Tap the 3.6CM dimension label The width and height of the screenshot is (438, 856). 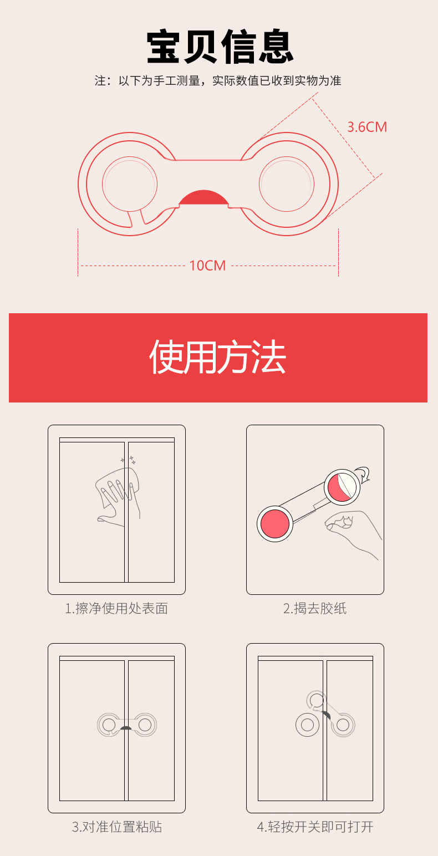(x=367, y=127)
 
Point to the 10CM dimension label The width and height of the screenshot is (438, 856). (x=207, y=266)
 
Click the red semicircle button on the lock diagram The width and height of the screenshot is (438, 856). (x=203, y=197)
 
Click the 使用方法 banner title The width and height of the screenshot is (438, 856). (x=217, y=357)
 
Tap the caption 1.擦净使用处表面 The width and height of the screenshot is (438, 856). (x=116, y=608)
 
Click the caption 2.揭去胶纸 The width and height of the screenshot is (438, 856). (x=314, y=608)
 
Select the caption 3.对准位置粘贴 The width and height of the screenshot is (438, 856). (x=117, y=827)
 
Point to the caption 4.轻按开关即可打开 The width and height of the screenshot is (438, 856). (x=315, y=827)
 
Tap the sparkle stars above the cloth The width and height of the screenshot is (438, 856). (x=129, y=460)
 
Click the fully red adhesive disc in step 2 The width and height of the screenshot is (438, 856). (x=275, y=523)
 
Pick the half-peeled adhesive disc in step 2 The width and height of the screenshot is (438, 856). (x=343, y=487)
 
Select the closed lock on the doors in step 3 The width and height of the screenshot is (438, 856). (x=127, y=724)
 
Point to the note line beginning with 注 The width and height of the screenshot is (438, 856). (x=218, y=80)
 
